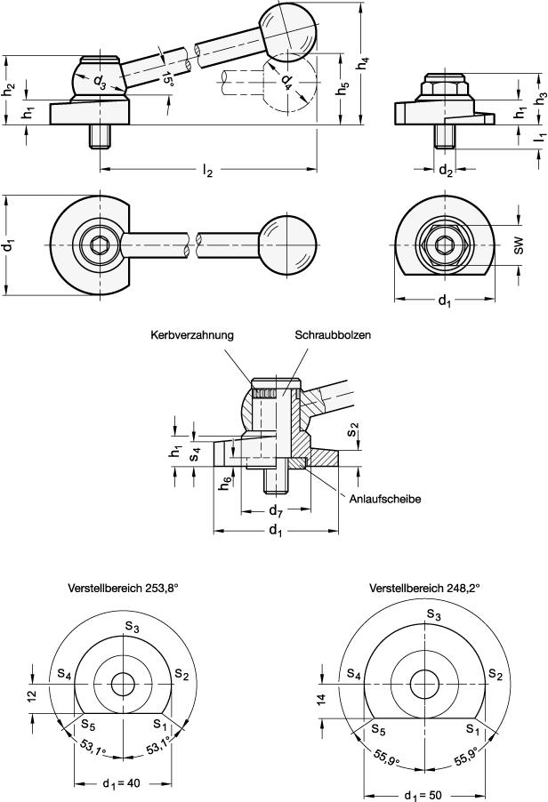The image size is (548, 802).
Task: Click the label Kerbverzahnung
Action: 191,335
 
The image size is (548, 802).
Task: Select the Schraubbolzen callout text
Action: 332,335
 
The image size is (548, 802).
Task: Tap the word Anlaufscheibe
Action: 383,499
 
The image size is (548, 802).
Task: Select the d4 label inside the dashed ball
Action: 285,82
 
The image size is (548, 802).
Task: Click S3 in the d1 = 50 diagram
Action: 433,614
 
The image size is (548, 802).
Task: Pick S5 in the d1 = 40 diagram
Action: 89,722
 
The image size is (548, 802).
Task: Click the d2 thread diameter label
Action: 447,170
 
